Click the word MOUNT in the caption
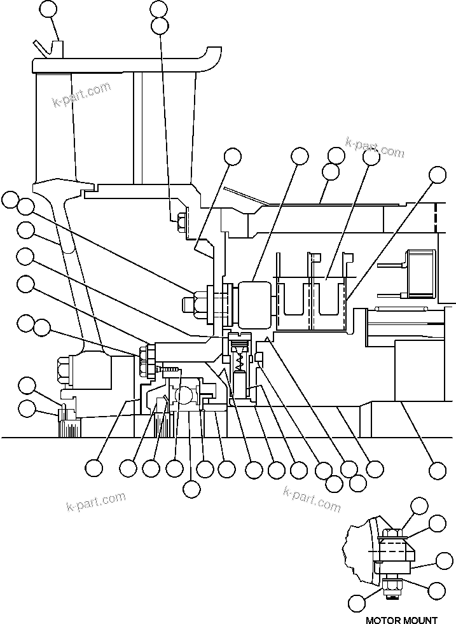coord(420,619)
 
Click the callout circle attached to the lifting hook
coord(48,9)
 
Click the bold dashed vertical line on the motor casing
coord(437,217)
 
